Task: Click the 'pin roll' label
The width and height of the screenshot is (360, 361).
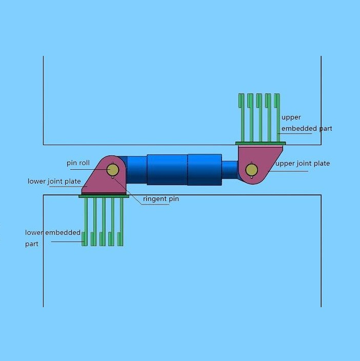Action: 78,163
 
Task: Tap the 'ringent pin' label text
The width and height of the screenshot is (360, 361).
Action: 161,198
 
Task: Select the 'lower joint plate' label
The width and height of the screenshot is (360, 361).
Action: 54,181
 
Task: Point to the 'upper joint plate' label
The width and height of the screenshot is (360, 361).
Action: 303,164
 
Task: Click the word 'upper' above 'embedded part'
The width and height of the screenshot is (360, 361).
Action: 291,117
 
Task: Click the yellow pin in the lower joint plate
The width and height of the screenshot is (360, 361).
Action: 113,170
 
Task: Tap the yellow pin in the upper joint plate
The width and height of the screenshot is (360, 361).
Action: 251,170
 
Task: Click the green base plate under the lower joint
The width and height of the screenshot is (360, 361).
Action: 104,196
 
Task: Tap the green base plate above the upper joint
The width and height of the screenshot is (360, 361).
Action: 261,143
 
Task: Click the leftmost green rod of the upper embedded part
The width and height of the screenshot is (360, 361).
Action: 242,117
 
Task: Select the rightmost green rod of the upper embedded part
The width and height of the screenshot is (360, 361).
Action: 277,117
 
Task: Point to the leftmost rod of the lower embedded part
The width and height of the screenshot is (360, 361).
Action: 85,222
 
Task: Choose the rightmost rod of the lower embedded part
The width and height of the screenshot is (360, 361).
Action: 121,222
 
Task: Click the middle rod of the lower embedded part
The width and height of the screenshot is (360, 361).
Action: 103,222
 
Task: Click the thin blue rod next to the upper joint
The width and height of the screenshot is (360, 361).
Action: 230,170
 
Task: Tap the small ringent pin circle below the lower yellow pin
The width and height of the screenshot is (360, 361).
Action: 112,177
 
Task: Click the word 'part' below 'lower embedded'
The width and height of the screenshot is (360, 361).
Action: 31,244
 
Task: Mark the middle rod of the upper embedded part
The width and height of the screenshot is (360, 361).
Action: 259,117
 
